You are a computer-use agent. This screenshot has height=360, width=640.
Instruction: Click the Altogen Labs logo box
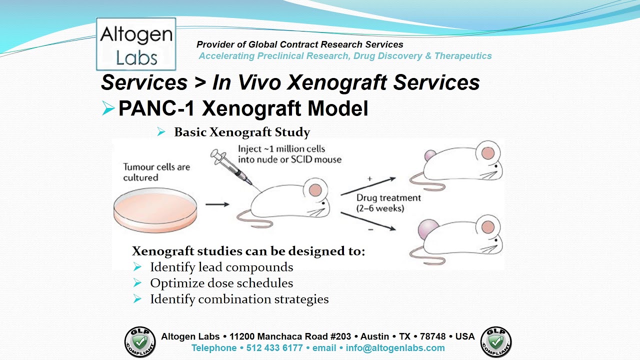pos(136,44)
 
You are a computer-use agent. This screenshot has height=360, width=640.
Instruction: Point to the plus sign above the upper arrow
pos(369,178)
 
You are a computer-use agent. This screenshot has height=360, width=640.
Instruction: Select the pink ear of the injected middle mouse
pos(315,190)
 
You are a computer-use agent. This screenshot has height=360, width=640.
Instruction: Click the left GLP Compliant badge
pos(140,342)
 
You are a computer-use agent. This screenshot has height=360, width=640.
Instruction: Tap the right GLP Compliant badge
pos(496,342)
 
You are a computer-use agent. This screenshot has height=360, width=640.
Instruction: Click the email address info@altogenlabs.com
pos(394,348)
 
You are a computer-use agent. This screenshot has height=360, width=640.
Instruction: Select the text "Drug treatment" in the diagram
pos(388,198)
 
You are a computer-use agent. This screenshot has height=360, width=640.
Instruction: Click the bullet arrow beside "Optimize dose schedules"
pos(137,283)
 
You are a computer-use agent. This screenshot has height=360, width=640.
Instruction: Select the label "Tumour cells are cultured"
pos(156,172)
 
